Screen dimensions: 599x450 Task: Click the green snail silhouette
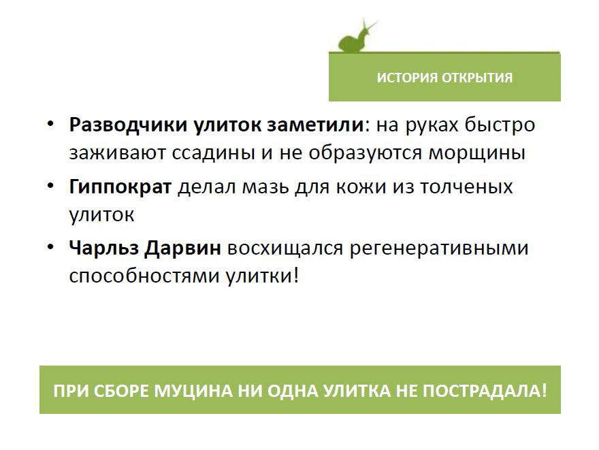point(355,38)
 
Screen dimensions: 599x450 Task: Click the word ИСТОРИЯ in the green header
point(407,78)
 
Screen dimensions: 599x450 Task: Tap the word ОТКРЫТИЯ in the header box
point(477,78)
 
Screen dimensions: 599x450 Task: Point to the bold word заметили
point(315,125)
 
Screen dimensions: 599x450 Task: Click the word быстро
point(500,125)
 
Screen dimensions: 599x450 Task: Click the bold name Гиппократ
point(120,187)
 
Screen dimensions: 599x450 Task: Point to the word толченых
point(466,187)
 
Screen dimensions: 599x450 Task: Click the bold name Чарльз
point(103,248)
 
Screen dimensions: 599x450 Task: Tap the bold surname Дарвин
point(182,248)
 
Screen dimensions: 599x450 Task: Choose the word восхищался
point(285,248)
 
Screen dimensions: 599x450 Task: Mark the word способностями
point(144,276)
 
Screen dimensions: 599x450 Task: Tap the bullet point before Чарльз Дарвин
point(51,246)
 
